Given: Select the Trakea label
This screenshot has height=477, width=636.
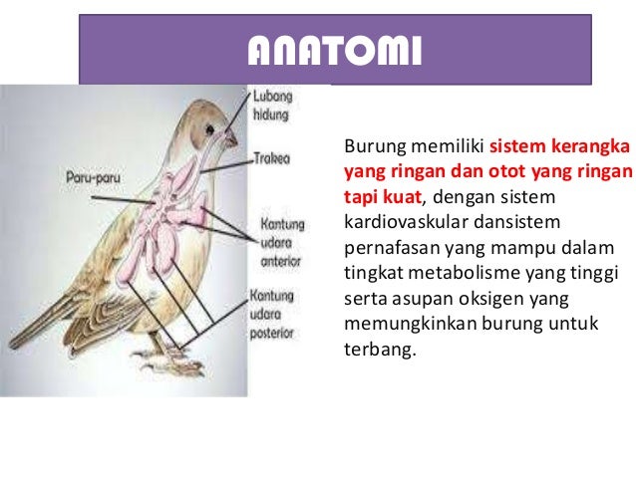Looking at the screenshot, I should click(271, 158).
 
